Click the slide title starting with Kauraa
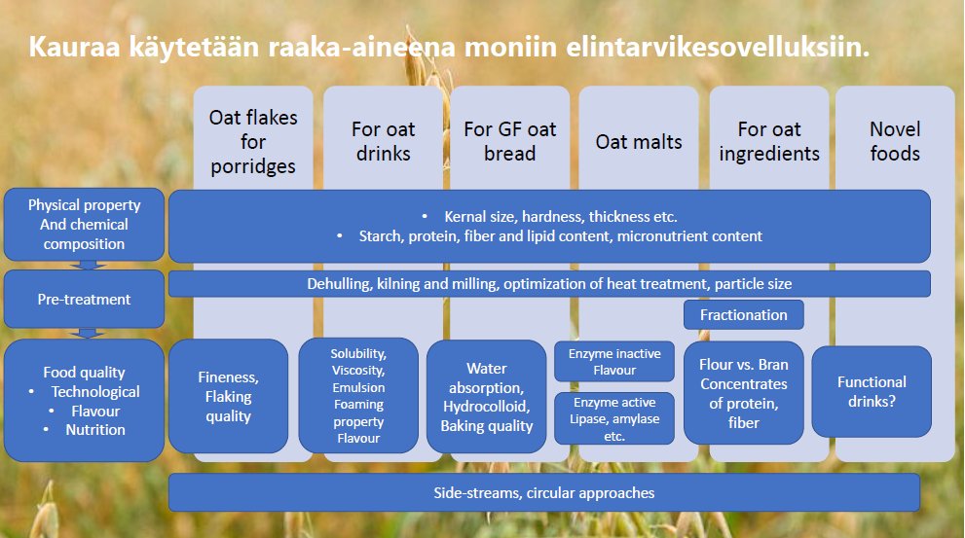click(449, 47)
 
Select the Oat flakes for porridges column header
click(253, 141)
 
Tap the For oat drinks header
click(384, 141)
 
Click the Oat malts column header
click(639, 142)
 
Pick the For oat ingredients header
click(769, 141)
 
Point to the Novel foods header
click(895, 141)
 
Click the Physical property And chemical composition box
click(85, 225)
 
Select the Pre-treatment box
click(85, 299)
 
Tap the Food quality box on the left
click(85, 400)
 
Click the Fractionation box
click(744, 314)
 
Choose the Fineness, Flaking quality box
click(229, 396)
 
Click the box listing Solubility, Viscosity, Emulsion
click(357, 396)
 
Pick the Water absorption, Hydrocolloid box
click(487, 396)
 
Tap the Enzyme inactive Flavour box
click(614, 361)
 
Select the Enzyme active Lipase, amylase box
click(614, 418)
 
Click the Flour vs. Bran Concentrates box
click(744, 392)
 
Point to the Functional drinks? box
click(872, 391)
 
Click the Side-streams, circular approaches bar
click(544, 492)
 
